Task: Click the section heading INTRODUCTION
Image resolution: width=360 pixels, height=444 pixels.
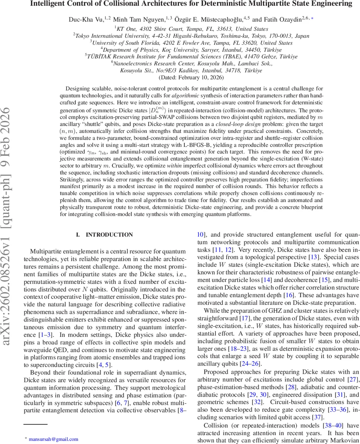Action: pos(109,235)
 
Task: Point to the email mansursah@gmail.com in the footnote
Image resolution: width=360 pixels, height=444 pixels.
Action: pos(53,439)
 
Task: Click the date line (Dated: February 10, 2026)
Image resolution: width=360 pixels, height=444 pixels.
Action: pos(191,78)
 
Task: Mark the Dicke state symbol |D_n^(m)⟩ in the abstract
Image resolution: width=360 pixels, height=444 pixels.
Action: pos(154,110)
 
